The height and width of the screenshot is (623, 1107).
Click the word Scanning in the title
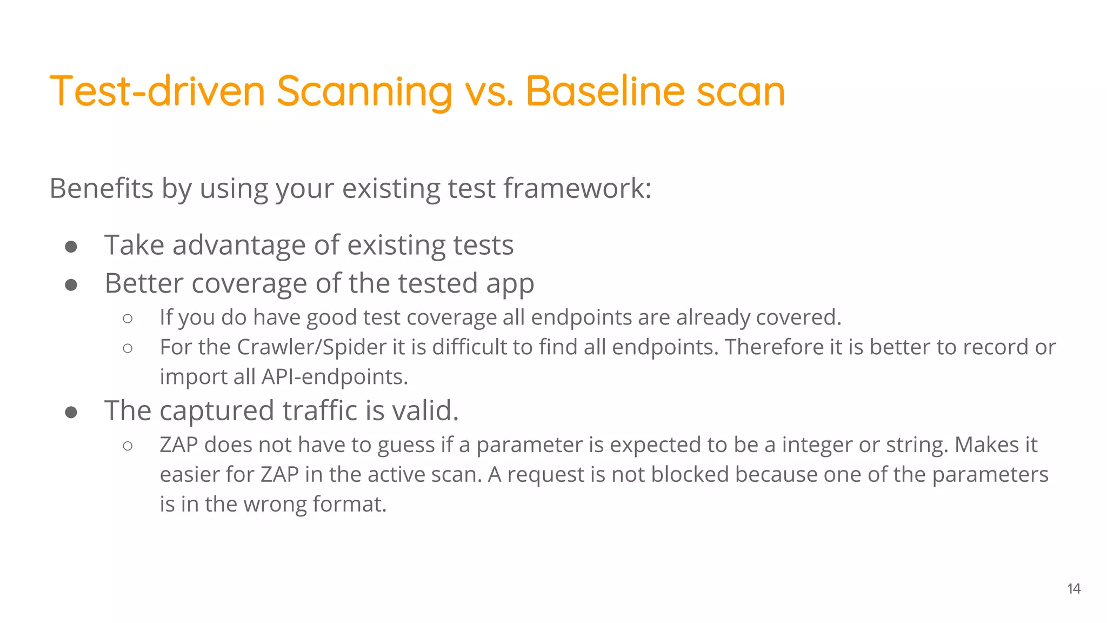(364, 92)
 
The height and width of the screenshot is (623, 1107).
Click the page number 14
(1073, 588)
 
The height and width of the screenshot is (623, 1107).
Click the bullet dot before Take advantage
(71, 247)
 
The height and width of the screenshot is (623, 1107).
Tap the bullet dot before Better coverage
(71, 284)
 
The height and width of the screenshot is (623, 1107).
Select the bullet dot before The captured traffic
(71, 413)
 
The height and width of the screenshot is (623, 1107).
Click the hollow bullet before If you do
(128, 319)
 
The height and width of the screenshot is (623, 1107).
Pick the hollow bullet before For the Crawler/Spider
(128, 348)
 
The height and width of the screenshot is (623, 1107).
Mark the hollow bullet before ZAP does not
(128, 446)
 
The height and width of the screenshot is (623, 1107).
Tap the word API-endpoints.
(335, 377)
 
